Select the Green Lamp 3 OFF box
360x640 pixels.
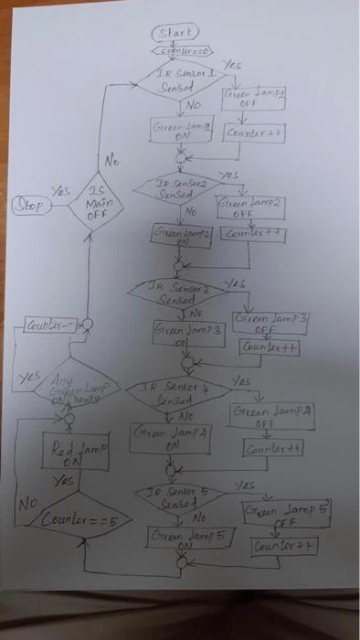pyautogui.click(x=270, y=323)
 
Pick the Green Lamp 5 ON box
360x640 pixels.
pyautogui.click(x=190, y=538)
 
